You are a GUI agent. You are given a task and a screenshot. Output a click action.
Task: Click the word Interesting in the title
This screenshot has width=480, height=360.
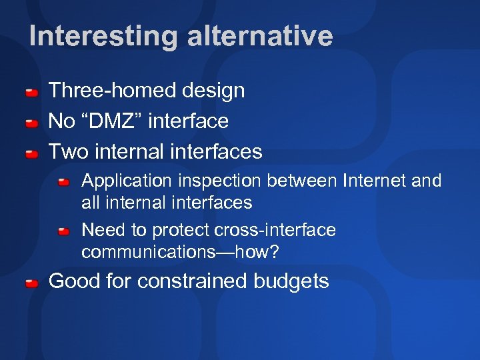pos(103,36)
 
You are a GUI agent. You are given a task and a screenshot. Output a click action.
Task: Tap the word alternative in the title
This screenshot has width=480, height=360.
pos(259,36)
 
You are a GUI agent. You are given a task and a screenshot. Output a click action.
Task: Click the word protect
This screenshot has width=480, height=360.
pos(180,230)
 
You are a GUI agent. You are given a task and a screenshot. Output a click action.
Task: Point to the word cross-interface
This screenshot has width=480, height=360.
pos(275,230)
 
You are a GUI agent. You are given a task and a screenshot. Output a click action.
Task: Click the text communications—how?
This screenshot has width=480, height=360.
pos(180,252)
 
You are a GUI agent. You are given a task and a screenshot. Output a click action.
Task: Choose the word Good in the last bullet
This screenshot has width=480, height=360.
pos(73,281)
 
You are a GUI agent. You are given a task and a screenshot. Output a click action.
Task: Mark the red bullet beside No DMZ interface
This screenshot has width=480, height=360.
pos(31,123)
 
